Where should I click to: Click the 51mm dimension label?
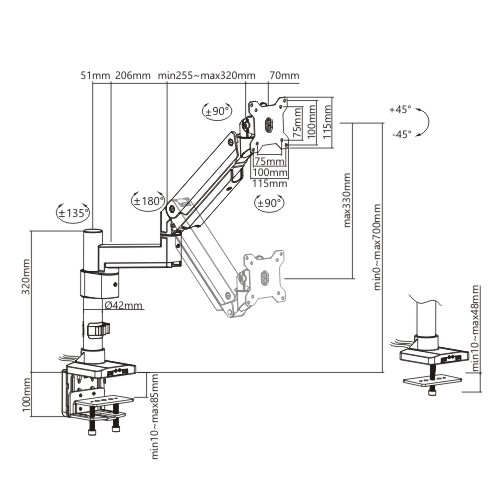click(95, 75)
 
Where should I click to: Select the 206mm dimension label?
click(133, 75)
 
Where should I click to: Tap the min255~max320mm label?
click(207, 75)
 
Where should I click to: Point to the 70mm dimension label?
click(284, 75)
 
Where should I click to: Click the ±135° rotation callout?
click(73, 212)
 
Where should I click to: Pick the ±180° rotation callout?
click(148, 201)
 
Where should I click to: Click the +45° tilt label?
click(400, 109)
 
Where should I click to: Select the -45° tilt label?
click(401, 134)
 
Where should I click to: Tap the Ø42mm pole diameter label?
click(123, 305)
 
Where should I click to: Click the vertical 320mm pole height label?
click(26, 276)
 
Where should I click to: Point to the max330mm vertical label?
click(347, 200)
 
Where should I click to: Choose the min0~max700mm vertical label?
click(377, 247)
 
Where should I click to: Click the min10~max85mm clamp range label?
click(155, 416)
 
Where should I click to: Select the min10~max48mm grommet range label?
click(475, 328)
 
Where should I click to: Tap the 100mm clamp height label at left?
click(26, 395)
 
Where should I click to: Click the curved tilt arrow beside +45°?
click(424, 122)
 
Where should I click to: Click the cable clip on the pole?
click(98, 330)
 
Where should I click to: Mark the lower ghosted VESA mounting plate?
click(264, 278)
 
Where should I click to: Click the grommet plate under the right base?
click(432, 381)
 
